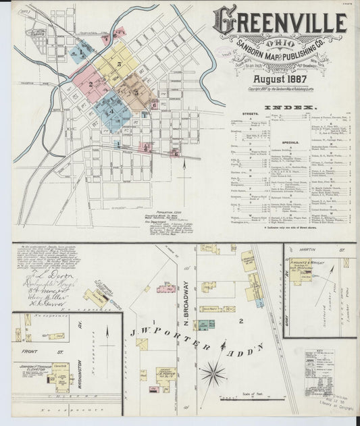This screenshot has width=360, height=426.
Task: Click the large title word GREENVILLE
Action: [280, 22]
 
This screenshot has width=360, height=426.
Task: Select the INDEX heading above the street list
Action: [290, 108]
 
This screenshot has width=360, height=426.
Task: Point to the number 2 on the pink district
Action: [90, 84]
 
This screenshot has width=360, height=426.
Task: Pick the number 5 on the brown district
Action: [135, 91]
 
